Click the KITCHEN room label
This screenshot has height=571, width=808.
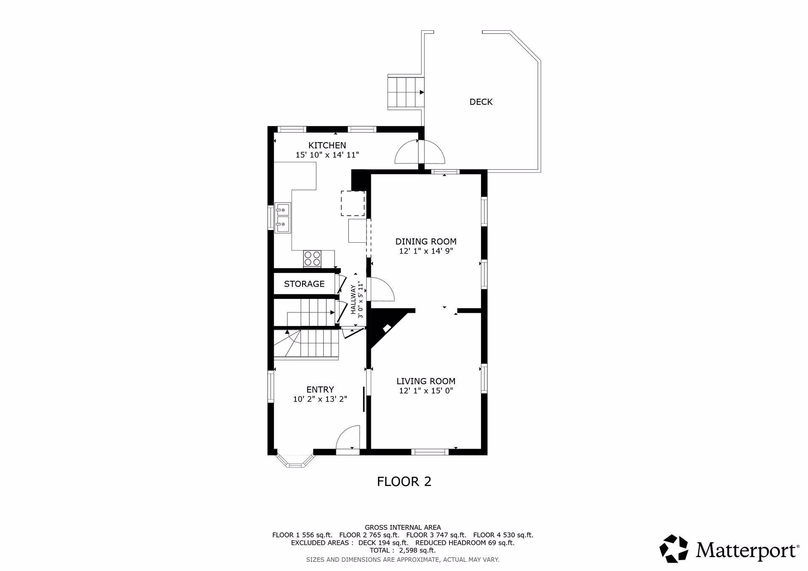click(327, 145)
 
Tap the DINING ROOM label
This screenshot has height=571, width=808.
click(426, 242)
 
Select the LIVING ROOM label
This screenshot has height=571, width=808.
click(426, 381)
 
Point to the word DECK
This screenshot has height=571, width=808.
click(481, 102)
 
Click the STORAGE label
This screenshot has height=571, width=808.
click(304, 284)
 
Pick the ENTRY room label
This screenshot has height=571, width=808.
click(320, 390)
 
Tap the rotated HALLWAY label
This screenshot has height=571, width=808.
click(353, 299)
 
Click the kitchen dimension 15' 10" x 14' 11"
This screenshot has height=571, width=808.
click(327, 155)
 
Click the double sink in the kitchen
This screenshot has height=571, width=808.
click(283, 217)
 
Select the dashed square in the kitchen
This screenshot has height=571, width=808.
click(353, 204)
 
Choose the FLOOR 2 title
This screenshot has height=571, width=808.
click(404, 481)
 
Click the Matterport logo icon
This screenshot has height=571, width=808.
click(674, 548)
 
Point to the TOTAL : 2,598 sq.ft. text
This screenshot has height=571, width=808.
click(402, 550)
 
